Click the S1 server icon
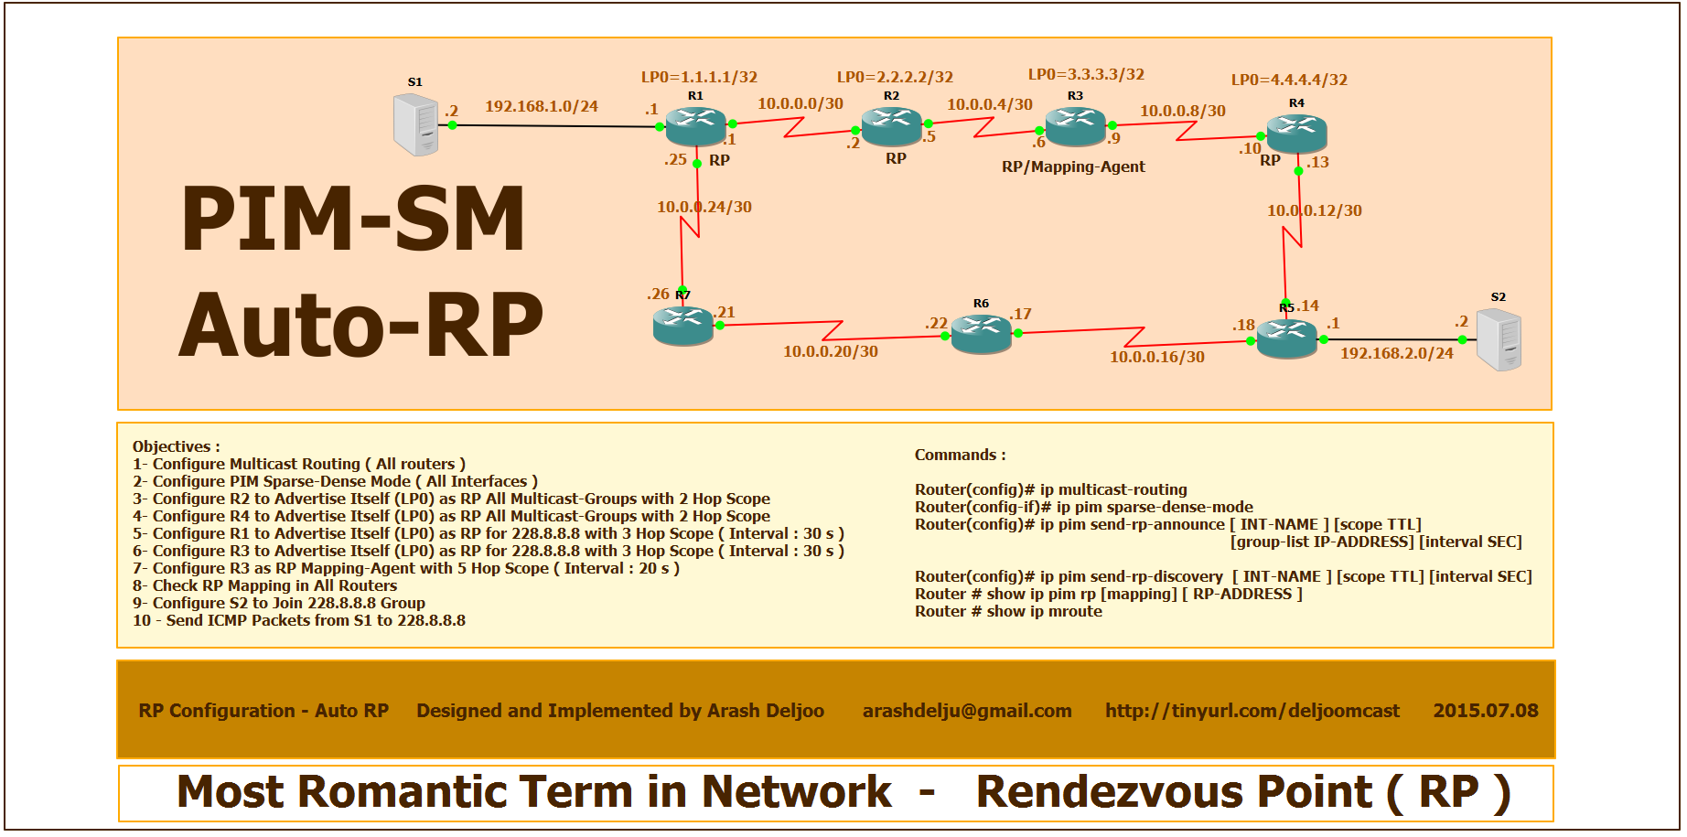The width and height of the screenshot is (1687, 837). pos(416,125)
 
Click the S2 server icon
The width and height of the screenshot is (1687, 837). pos(1499,339)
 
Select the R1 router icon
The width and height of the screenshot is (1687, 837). pos(695,126)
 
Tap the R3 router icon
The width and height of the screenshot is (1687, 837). pos(1075,126)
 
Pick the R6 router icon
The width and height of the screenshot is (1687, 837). pos(981,333)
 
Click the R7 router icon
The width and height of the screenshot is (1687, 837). pos(682,325)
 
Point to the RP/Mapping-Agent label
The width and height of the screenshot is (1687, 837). pos(1073,166)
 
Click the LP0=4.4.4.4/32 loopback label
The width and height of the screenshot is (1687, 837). pos(1289,80)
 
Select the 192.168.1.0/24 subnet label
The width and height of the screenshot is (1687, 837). pos(542,106)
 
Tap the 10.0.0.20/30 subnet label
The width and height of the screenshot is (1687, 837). pos(831,351)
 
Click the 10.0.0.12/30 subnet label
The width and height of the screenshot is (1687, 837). pos(1315,210)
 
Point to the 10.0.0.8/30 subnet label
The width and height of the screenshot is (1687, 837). pos(1183,111)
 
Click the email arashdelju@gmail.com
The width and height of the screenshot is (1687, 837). pos(967,711)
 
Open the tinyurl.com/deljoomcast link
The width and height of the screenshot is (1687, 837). pos(1252,711)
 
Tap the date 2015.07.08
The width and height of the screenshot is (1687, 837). pos(1486,711)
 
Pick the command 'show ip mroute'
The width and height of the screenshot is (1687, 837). pos(1044,611)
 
